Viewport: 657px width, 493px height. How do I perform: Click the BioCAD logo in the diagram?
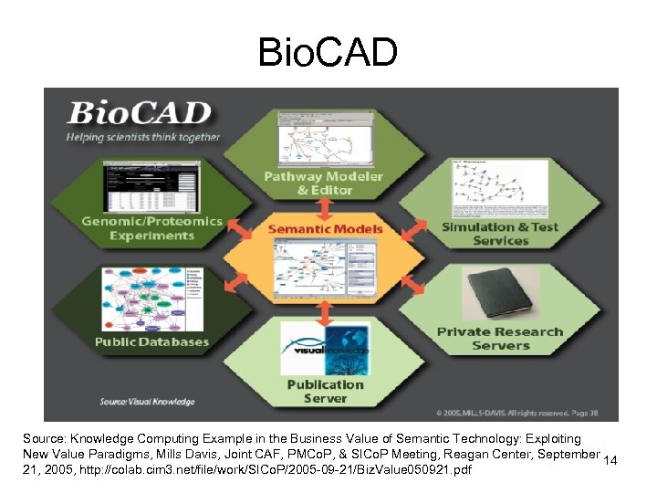click(140, 113)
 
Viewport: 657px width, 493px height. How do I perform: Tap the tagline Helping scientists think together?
click(142, 138)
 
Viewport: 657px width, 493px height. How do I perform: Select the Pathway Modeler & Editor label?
click(323, 183)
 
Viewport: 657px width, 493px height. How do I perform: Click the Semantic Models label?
click(325, 228)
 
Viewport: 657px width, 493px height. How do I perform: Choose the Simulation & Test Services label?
click(500, 234)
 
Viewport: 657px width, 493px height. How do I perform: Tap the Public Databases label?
click(152, 342)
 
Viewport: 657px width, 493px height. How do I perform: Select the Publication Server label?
click(325, 392)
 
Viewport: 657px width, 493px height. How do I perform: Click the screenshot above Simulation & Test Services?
click(500, 187)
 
